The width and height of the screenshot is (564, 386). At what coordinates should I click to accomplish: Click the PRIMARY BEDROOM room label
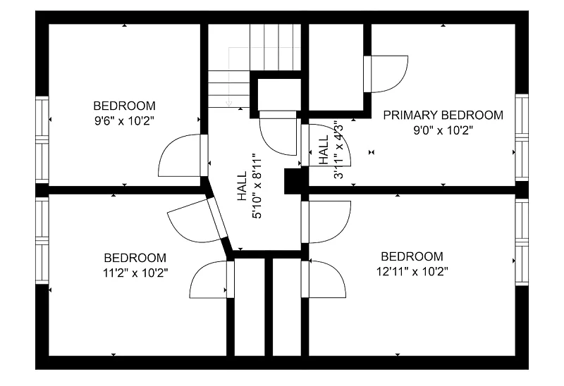[x=443, y=116]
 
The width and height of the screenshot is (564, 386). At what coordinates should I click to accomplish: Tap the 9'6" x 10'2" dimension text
[x=125, y=121]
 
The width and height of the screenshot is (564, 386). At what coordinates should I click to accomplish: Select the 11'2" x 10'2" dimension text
[x=135, y=273]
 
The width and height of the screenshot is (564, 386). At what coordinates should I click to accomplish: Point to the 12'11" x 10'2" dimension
[x=412, y=271]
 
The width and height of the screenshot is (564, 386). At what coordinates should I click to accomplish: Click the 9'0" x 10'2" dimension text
[x=443, y=130]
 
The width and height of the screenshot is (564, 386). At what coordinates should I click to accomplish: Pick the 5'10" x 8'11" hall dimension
[x=257, y=186]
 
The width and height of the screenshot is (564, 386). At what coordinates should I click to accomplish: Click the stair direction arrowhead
[x=228, y=104]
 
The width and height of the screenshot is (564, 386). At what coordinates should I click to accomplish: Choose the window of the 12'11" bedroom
[x=522, y=242]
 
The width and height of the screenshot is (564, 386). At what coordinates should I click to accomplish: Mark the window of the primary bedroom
[x=522, y=137]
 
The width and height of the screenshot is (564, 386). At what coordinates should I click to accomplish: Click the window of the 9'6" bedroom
[x=42, y=139]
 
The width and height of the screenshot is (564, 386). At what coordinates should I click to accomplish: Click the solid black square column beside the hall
[x=293, y=181]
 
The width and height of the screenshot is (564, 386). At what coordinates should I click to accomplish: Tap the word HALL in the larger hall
[x=242, y=186]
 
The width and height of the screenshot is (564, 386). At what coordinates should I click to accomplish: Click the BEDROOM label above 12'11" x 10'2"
[x=412, y=256]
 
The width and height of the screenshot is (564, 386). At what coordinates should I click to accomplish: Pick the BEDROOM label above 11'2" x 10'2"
[x=135, y=258]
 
